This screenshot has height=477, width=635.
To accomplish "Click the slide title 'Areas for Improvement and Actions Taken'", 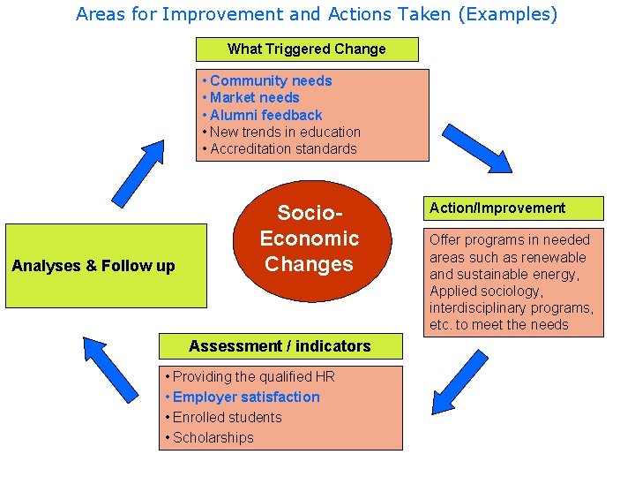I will pos(317,14).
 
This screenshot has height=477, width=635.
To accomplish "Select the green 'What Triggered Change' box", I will pos(306,49).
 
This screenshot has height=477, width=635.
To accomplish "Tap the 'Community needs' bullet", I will pos(271,81).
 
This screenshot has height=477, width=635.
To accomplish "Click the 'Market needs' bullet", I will pos(254,98).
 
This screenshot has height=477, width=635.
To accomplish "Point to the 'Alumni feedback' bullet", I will pos(265,115).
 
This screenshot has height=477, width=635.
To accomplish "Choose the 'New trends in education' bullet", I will pos(285,132).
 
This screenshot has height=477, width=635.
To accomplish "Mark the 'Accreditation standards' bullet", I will pos(283,148).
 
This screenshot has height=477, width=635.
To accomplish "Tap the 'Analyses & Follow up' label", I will pos(93,266).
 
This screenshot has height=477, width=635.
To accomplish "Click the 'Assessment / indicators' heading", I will pos(280,346).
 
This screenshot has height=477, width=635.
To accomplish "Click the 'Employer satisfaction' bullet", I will pos(246,397).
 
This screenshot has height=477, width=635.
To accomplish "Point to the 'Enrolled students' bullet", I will pos(227,418).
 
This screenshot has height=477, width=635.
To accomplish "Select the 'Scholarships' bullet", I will pos(213,438).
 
